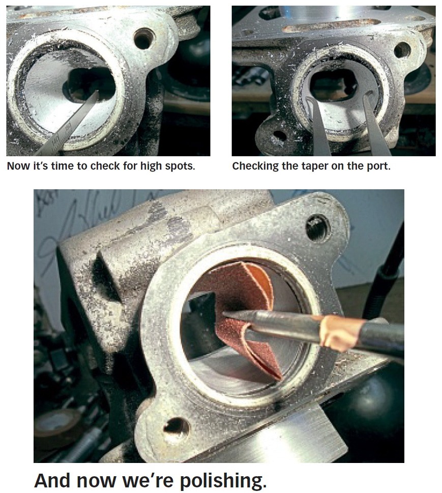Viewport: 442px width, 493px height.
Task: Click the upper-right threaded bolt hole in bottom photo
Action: click(317, 227)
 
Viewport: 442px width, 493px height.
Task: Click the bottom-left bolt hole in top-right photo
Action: click(278, 136)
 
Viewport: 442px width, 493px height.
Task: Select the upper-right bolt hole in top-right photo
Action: click(402, 49)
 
